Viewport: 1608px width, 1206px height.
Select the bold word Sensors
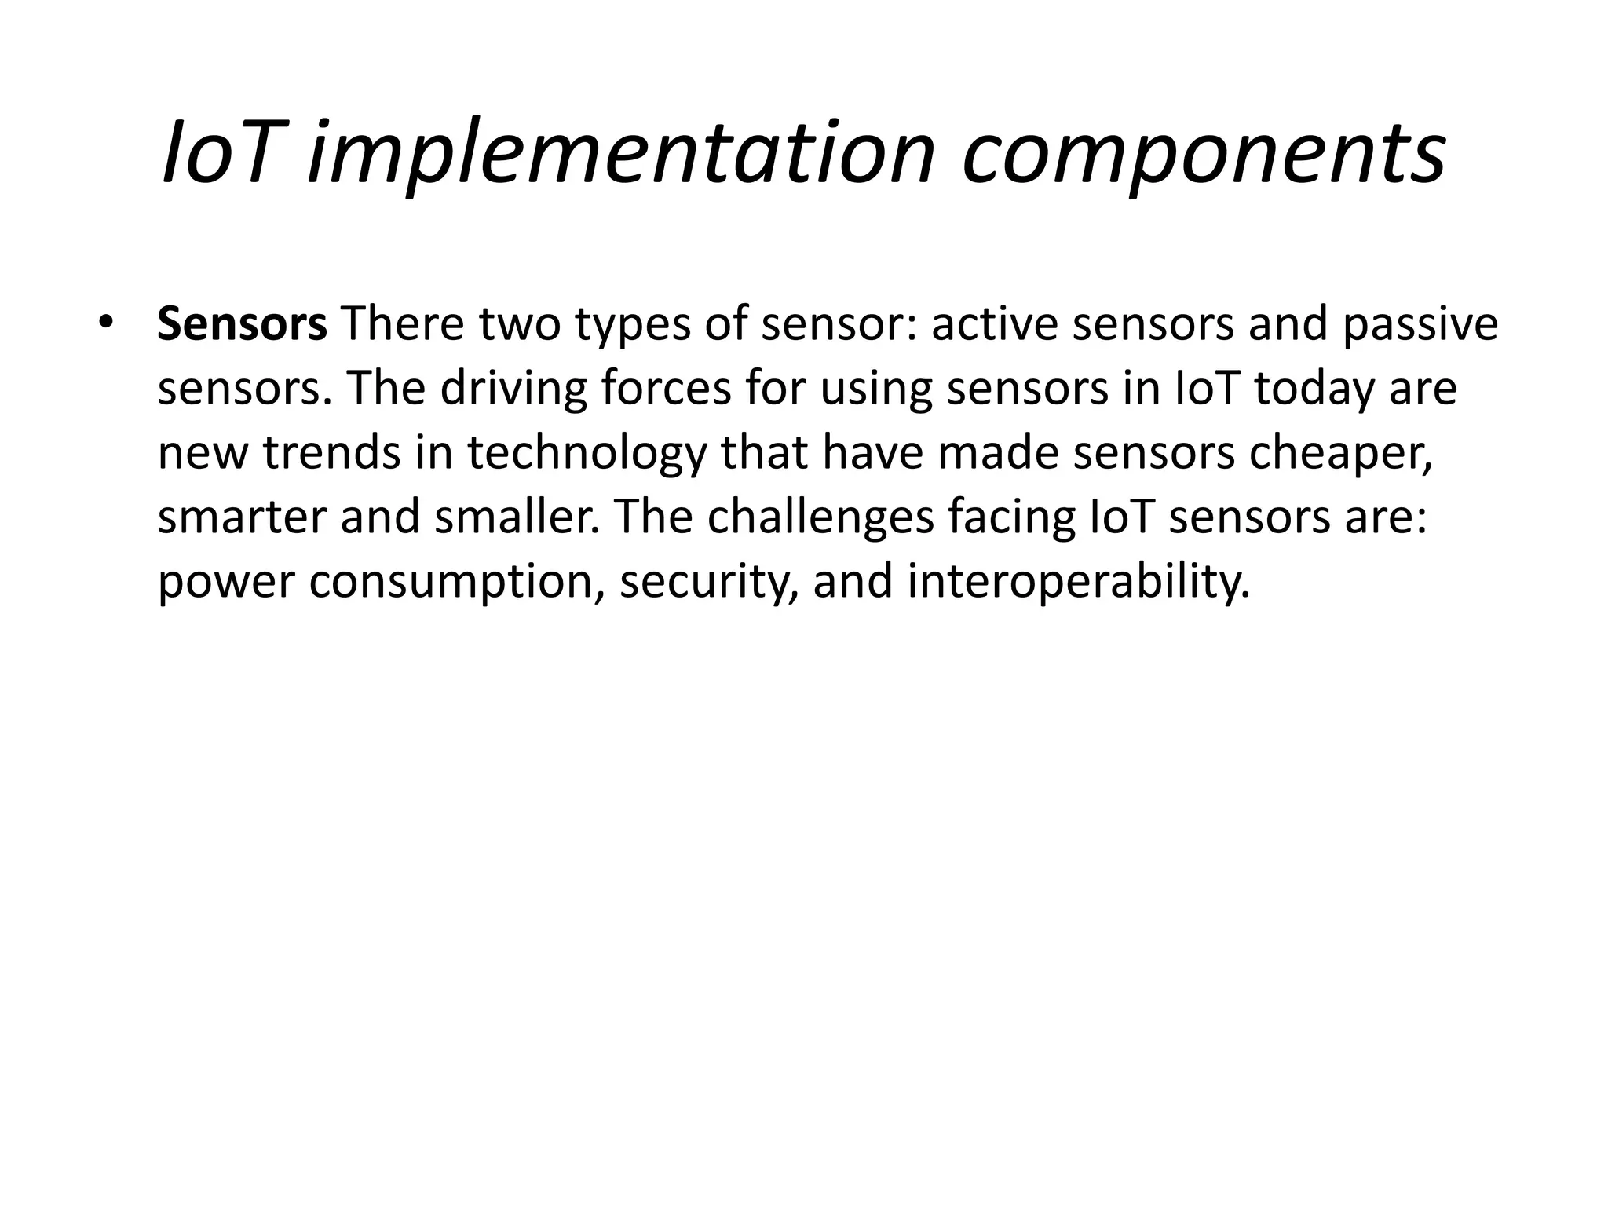click(242, 324)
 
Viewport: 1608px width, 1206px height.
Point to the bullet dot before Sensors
click(106, 323)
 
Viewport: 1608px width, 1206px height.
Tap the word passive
click(1420, 324)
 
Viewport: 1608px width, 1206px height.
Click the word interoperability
click(1078, 582)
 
